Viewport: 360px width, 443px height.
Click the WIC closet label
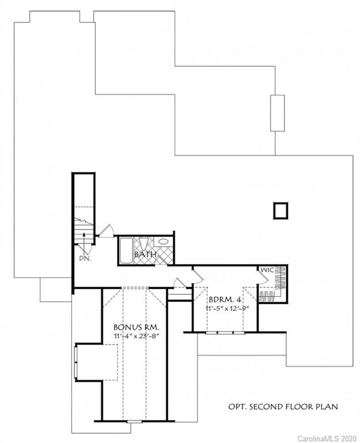[x=267, y=269]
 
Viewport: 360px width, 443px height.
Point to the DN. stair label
[x=85, y=258]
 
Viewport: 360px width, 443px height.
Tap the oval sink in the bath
[x=163, y=242]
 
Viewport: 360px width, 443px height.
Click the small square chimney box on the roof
[x=280, y=211]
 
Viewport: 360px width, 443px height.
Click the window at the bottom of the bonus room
[x=134, y=422]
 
